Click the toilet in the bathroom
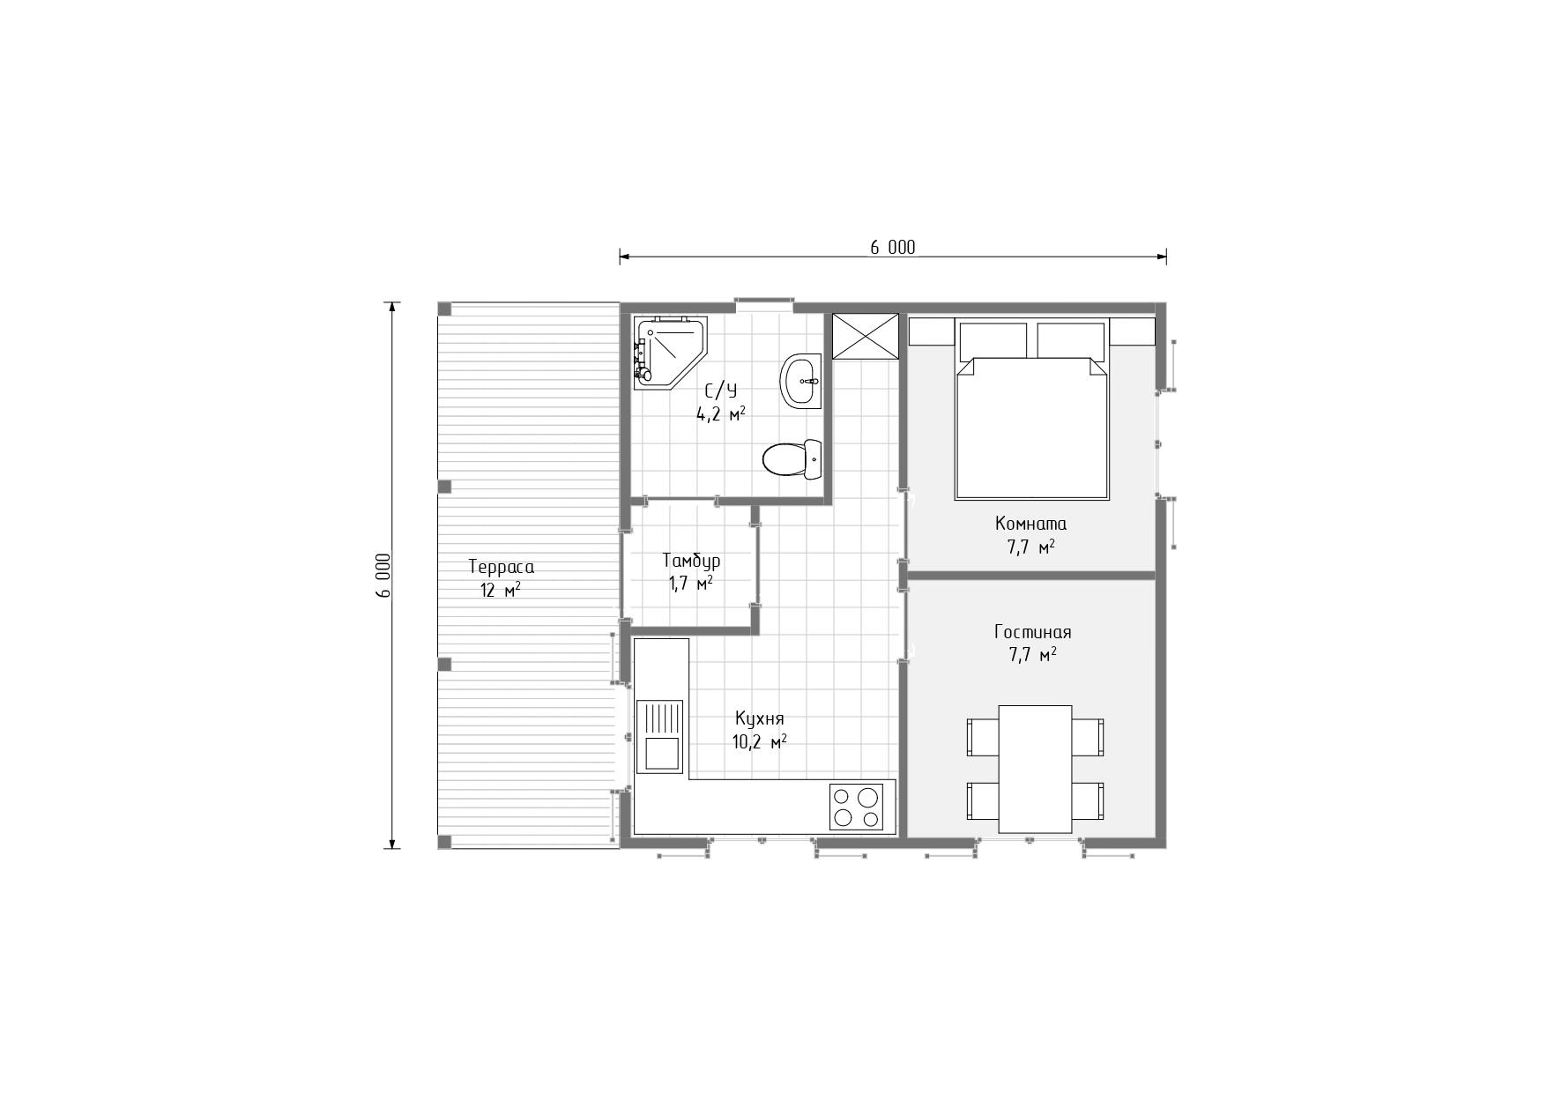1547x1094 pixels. click(792, 458)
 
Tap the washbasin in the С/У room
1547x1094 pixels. click(800, 382)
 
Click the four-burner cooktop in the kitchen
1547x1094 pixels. click(856, 806)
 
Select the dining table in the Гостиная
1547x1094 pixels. click(1035, 769)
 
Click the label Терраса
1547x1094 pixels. click(501, 567)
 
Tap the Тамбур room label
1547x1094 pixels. click(691, 561)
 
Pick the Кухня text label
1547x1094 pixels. click(759, 718)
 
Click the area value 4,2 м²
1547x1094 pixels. click(721, 413)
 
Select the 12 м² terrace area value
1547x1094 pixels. click(500, 590)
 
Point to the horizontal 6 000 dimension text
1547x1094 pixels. click(893, 248)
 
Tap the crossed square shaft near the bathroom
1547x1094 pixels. click(866, 336)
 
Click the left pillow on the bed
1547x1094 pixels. click(993, 340)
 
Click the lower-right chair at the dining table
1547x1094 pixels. click(1088, 800)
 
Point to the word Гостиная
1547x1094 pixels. click(1033, 632)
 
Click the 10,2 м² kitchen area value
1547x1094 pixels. click(759, 742)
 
